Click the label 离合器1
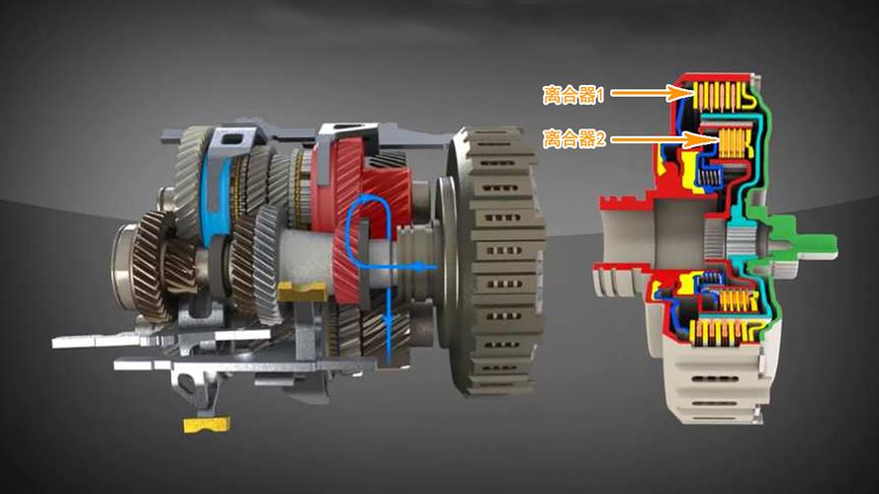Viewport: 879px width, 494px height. tap(572, 95)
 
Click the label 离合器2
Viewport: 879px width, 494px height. tap(574, 137)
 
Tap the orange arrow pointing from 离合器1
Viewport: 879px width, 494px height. tap(653, 93)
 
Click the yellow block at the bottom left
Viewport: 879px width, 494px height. tap(207, 425)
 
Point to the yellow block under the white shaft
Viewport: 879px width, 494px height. tap(302, 291)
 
